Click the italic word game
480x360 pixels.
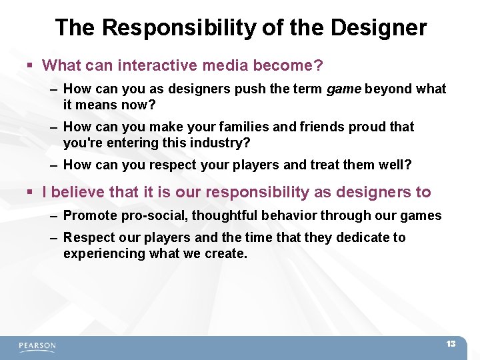point(344,89)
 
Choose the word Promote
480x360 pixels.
point(90,215)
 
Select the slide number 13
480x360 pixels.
point(451,344)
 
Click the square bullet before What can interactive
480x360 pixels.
point(30,66)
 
